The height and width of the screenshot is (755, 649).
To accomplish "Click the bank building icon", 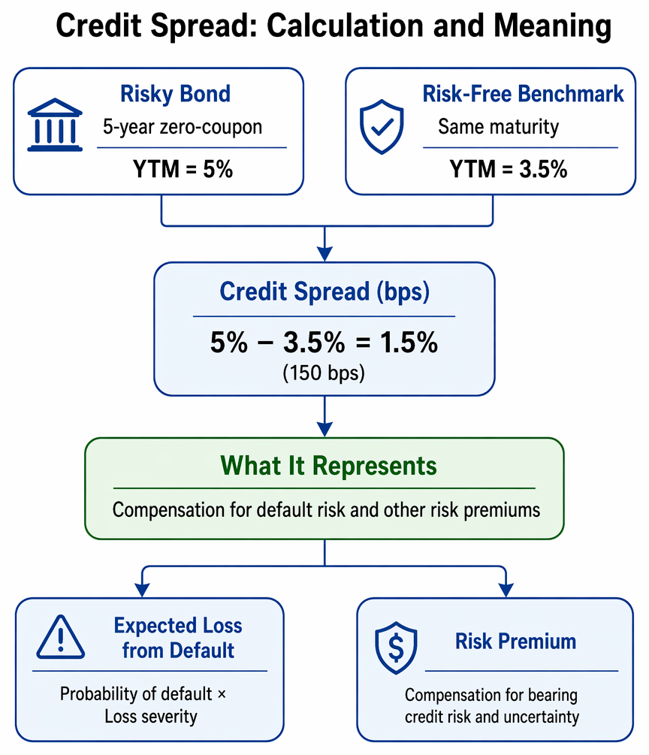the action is (x=55, y=125).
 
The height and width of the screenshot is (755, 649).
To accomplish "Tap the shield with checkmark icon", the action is (x=382, y=127).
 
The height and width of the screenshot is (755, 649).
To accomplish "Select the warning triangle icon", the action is (x=61, y=637).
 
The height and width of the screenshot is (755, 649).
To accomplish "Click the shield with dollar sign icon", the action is (x=396, y=648).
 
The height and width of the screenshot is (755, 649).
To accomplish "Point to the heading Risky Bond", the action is (x=175, y=93).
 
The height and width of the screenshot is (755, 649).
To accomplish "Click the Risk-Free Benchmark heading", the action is (x=523, y=93).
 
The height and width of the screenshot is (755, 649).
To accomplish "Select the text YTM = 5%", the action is (x=183, y=169).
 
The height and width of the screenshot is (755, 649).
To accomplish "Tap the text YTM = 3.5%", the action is (x=509, y=169).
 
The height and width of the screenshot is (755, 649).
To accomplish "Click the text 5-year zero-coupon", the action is (x=183, y=127).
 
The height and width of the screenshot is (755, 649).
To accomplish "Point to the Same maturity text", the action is (x=498, y=127).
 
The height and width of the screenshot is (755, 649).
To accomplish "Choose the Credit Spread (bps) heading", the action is (x=324, y=291).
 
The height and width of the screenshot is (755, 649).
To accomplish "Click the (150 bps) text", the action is (x=324, y=373).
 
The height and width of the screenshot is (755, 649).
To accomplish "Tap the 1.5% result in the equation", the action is (x=409, y=343).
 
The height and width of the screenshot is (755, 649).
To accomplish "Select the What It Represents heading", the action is (x=328, y=466).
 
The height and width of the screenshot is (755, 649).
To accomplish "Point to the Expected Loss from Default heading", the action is (x=178, y=638).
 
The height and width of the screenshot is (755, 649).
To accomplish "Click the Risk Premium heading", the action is (x=515, y=642).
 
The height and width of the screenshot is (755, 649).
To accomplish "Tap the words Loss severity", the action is (x=151, y=717).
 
